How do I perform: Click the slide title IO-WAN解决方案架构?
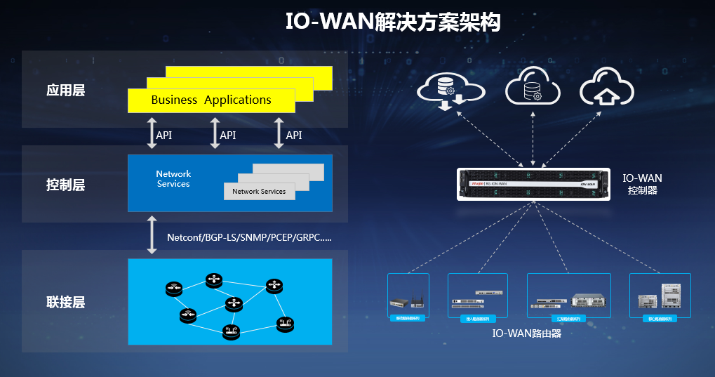(x=393, y=22)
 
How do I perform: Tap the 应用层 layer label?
(x=65, y=91)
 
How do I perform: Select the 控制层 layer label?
(x=65, y=185)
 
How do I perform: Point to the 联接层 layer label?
(x=65, y=303)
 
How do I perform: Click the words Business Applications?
(x=211, y=100)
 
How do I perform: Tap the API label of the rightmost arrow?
(x=294, y=135)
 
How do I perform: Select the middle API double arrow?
(x=215, y=133)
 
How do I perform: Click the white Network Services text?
(x=173, y=178)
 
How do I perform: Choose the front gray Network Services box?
(x=259, y=191)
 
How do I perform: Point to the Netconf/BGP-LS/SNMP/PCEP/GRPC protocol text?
(x=249, y=238)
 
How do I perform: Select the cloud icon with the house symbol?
(x=606, y=89)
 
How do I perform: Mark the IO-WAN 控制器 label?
(x=643, y=185)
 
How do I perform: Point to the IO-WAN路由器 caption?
(x=527, y=333)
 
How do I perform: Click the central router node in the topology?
(x=233, y=304)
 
